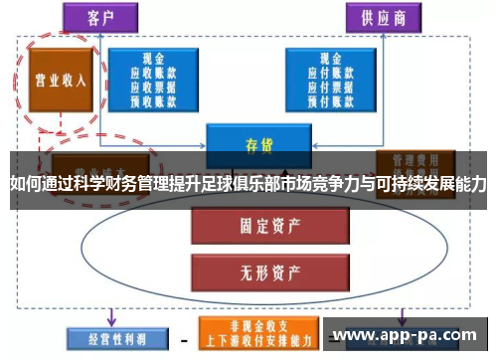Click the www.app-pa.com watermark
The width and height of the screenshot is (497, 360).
pos(404,335)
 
